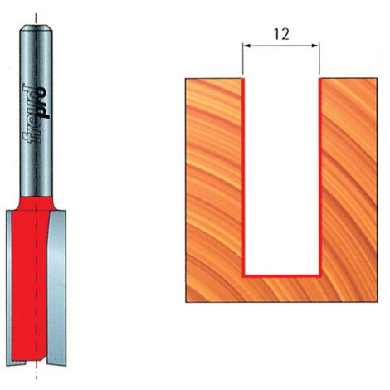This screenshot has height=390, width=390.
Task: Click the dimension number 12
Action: tap(281, 34)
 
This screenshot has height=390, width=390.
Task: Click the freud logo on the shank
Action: tap(36, 113)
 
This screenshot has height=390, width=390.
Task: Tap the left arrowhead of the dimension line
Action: tap(246, 46)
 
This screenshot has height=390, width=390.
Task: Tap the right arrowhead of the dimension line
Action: tap(316, 46)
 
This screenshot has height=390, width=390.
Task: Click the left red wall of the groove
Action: tap(244, 177)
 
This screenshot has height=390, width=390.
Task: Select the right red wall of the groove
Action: tap(319, 177)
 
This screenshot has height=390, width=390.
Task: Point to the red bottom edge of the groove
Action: tap(281, 275)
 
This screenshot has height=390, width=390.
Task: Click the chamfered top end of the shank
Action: tap(36, 27)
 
